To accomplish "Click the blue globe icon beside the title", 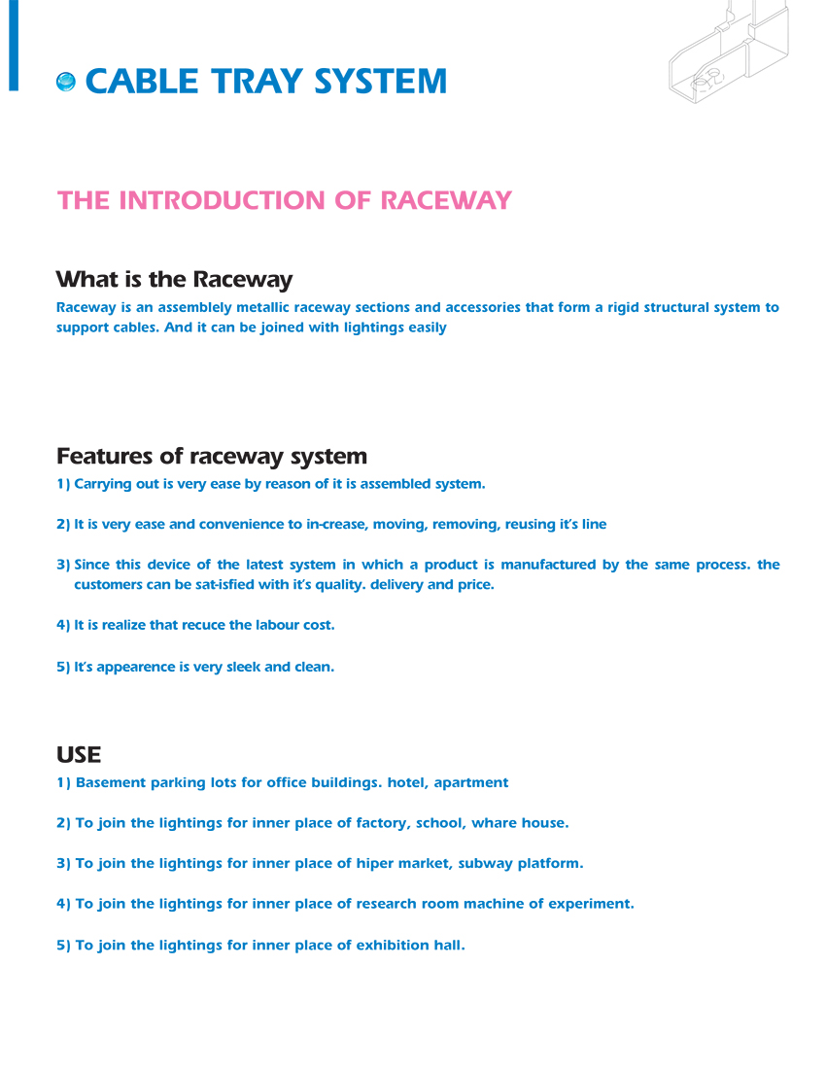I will [66, 82].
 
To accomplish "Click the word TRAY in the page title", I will [255, 81].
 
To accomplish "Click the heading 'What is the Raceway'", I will [174, 280].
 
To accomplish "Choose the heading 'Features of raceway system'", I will [212, 456].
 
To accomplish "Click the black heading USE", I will [79, 754].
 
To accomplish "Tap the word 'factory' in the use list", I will [382, 823].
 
